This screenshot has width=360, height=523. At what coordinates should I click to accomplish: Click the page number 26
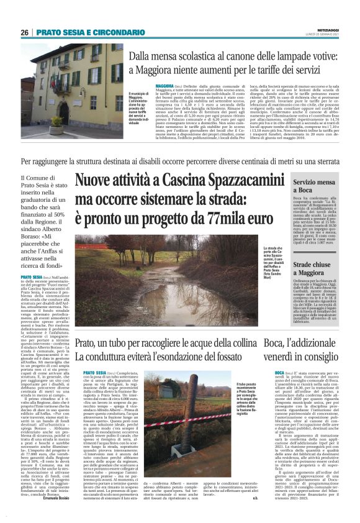(x=25, y=32)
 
